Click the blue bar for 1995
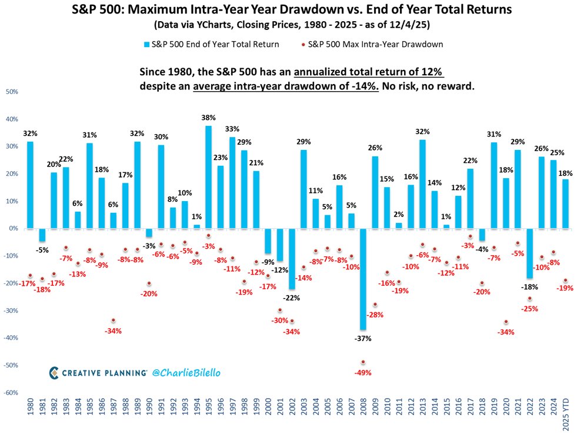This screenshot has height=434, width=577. pos(208,177)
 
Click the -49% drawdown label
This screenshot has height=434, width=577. pos(362,372)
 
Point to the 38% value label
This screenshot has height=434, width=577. pos(208,118)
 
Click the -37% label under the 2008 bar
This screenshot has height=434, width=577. pos(363,338)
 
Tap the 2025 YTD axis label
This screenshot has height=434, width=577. pos(566,412)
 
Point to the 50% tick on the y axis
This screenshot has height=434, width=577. pos(11,92)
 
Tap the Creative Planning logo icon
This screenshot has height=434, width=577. pos(54,372)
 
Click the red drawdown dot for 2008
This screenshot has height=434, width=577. pos(362,362)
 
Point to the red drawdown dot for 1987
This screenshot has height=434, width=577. pos(112,320)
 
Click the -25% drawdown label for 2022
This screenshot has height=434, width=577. pos(529,309)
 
